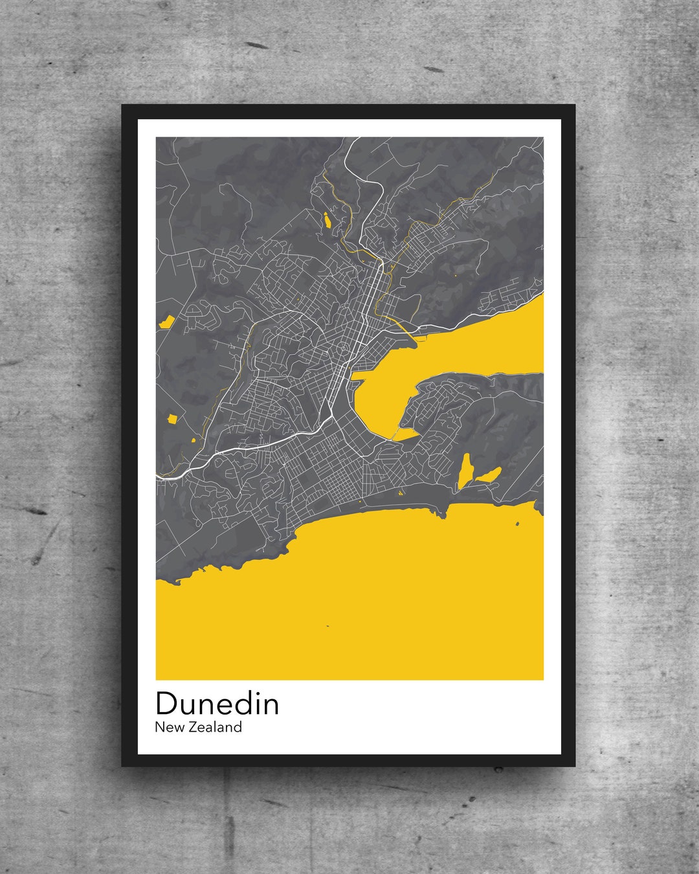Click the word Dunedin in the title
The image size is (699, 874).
coord(217,704)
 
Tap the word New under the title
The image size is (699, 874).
coord(169,727)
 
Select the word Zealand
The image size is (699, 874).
coord(216,727)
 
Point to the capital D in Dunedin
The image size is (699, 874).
coord(166,704)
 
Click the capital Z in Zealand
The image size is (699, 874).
coord(194,727)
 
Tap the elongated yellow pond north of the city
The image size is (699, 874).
coord(328,219)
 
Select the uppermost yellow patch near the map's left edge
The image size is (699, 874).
coord(166,321)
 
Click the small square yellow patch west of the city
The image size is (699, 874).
coord(172,419)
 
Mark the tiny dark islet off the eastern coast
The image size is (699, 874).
coord(517,524)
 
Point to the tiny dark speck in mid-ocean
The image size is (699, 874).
coord(327,625)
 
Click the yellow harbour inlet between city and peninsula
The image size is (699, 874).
coord(382,401)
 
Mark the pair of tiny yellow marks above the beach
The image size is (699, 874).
coord(400,493)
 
